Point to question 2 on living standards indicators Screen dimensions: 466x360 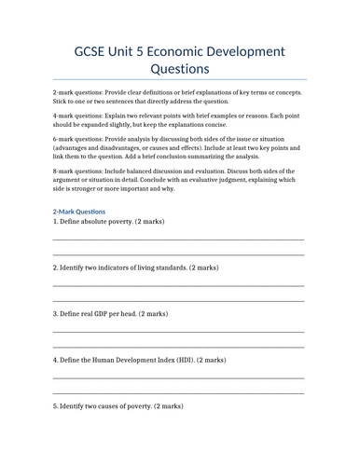(x=136, y=267)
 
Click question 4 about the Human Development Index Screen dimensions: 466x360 (x=139, y=360)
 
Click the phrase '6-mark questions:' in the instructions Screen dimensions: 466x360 (x=84, y=130)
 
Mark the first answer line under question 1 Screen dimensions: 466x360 (x=179, y=240)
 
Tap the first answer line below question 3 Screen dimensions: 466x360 (x=179, y=331)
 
